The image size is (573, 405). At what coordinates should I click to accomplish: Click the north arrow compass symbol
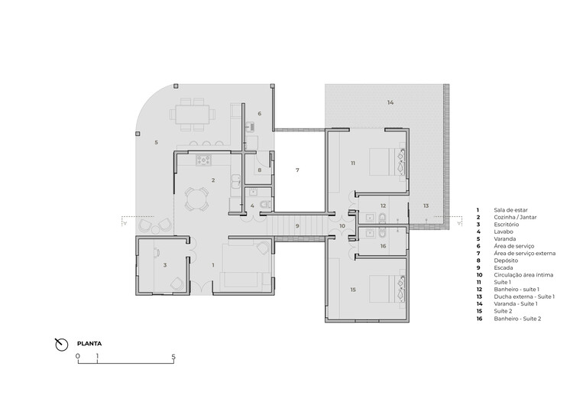coord(62,344)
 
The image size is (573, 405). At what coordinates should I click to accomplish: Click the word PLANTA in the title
coord(89,344)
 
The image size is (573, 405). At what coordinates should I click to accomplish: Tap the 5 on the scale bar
coord(173,357)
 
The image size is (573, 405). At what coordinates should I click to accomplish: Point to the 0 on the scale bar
coord(77,357)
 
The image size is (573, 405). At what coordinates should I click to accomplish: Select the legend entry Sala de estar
coord(509,209)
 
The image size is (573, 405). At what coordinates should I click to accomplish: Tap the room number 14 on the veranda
coord(390,102)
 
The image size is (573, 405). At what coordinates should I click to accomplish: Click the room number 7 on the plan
coord(298,170)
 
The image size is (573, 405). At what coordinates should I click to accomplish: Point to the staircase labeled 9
coord(298,226)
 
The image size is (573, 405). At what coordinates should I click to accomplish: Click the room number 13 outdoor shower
coord(426,206)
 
